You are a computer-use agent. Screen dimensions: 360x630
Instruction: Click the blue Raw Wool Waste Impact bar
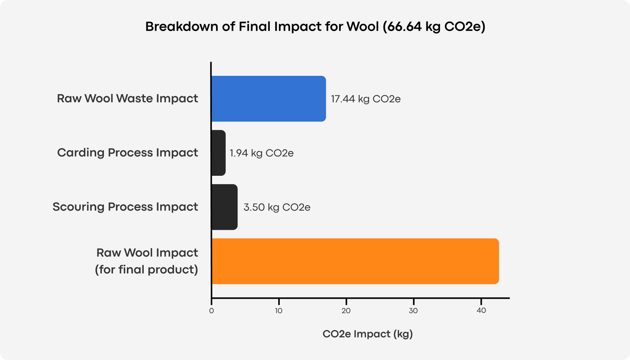tap(268, 99)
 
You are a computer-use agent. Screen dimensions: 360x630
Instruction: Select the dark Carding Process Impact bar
tap(218, 153)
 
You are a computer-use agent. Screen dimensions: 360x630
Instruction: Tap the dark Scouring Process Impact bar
tap(224, 207)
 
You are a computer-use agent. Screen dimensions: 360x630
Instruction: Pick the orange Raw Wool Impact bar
tap(355, 261)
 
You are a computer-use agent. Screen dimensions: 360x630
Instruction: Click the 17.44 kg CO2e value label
tap(366, 99)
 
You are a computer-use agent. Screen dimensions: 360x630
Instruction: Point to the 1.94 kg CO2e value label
tap(261, 153)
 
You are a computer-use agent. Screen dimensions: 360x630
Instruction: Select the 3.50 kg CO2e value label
tap(277, 207)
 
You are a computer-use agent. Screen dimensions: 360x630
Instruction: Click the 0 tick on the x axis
tap(212, 311)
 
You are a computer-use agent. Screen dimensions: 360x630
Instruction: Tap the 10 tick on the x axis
tap(279, 311)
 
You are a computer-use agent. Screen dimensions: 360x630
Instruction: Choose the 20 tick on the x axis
tap(346, 311)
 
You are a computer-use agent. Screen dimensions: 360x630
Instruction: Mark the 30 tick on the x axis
tap(413, 311)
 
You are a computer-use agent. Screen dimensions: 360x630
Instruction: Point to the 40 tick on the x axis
tap(481, 311)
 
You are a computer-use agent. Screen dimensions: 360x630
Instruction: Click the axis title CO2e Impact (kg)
tap(367, 334)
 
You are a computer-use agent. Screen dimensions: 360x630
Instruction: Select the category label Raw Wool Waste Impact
tap(127, 98)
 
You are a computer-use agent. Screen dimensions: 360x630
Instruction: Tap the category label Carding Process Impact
tap(128, 152)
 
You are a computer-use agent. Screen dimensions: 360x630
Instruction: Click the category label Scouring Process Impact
tap(125, 207)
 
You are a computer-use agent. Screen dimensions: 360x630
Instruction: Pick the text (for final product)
tap(146, 270)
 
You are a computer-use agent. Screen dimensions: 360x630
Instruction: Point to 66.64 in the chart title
tap(405, 26)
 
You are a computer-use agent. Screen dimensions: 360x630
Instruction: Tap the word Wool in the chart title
tap(362, 26)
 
